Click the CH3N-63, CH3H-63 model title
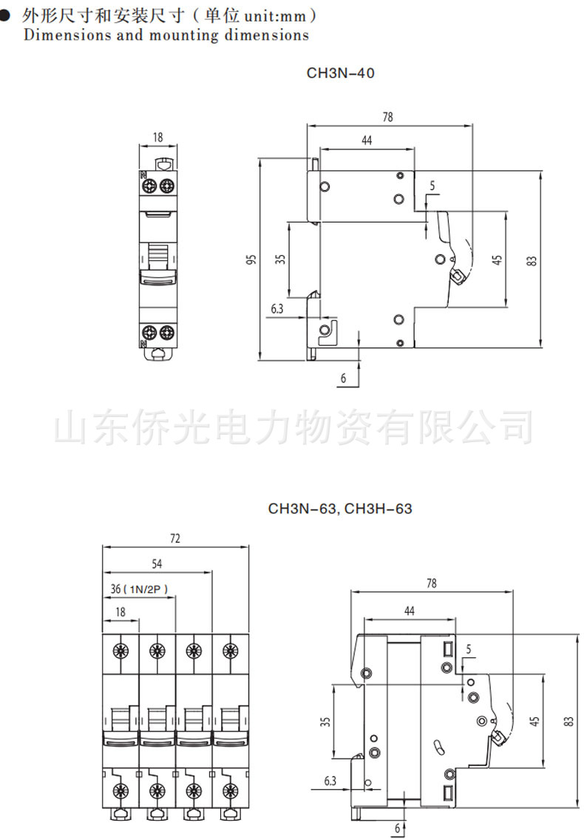pyautogui.click(x=339, y=509)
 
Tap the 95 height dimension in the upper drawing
pyautogui.click(x=251, y=260)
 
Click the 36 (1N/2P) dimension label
pyautogui.click(x=140, y=589)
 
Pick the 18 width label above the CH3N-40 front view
pyautogui.click(x=158, y=137)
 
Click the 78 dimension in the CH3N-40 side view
pyautogui.click(x=387, y=117)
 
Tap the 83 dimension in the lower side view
pyautogui.click(x=568, y=723)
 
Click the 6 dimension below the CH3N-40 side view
pyautogui.click(x=343, y=378)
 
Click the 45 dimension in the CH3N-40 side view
pyautogui.click(x=498, y=260)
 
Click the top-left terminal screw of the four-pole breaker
pyautogui.click(x=120, y=651)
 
